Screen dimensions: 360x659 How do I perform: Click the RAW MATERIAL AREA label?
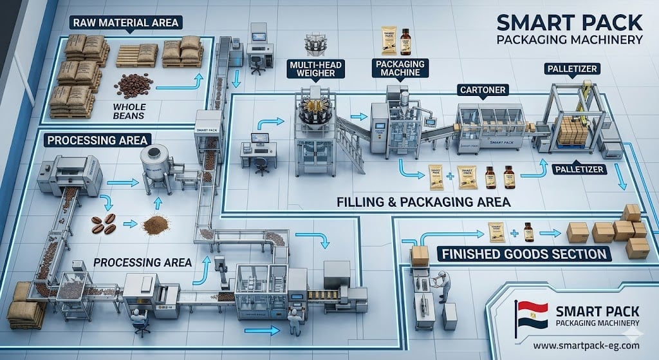125,23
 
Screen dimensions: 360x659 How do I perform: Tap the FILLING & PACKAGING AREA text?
423,202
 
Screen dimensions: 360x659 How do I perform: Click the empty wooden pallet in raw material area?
136,57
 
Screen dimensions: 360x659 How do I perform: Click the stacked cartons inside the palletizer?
571,131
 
